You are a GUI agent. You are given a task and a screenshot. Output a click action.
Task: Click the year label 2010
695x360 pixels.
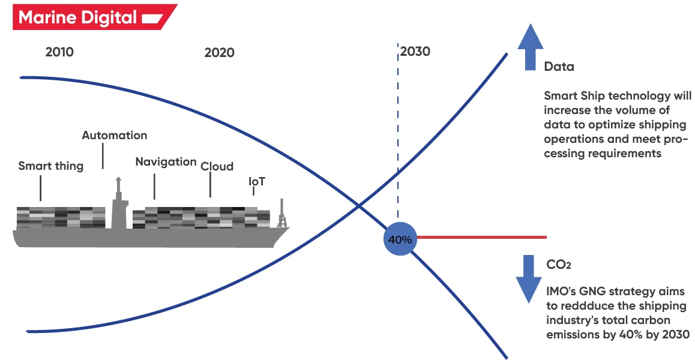click(x=59, y=52)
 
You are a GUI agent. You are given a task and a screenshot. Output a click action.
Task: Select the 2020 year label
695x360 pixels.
click(x=219, y=53)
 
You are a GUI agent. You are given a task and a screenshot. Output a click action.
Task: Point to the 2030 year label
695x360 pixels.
click(x=415, y=52)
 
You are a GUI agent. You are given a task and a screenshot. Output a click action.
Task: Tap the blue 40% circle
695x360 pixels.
click(x=400, y=239)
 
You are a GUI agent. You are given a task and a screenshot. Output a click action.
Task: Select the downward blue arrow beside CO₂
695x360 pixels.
click(x=529, y=278)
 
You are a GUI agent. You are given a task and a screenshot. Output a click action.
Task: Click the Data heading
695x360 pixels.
click(x=559, y=67)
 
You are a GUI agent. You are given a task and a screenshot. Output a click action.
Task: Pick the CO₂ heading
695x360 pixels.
click(x=558, y=265)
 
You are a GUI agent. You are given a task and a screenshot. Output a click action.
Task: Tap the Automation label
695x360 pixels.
click(x=114, y=135)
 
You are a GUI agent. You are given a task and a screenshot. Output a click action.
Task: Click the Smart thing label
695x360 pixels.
click(x=51, y=166)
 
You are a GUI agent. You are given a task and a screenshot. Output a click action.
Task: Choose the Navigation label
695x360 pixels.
click(x=166, y=162)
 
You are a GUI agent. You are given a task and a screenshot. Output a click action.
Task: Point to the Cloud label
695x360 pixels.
click(x=217, y=166)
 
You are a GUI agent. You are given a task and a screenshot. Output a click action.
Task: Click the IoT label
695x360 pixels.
click(x=257, y=181)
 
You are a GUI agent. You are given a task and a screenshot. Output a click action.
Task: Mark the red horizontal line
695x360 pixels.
click(x=480, y=237)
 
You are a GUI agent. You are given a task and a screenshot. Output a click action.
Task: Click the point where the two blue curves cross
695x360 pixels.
click(x=359, y=206)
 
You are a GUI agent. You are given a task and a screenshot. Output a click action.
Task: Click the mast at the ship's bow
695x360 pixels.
click(x=280, y=215)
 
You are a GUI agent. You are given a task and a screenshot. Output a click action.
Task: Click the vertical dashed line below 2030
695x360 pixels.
click(x=397, y=138)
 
